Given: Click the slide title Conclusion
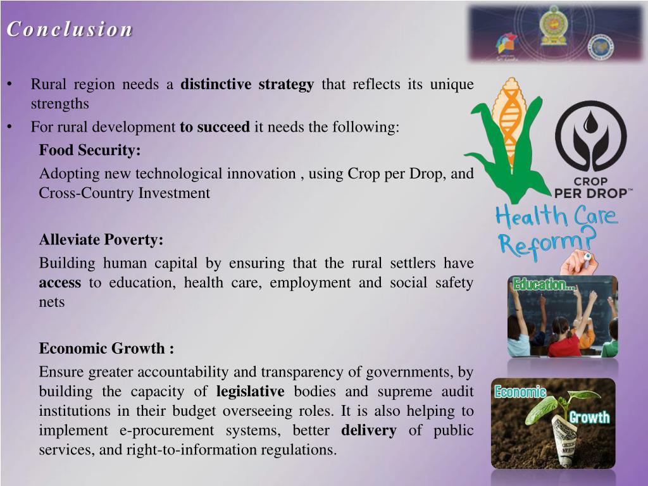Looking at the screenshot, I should pyautogui.click(x=70, y=30).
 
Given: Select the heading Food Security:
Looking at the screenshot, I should pyautogui.click(x=90, y=150).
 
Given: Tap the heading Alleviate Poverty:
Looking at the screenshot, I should pyautogui.click(x=101, y=240).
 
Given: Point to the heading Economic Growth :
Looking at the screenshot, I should pyautogui.click(x=106, y=349).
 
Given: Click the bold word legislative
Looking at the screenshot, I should pyautogui.click(x=251, y=391).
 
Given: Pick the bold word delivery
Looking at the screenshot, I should pyautogui.click(x=369, y=430).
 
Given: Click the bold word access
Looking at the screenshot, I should pyautogui.click(x=60, y=283).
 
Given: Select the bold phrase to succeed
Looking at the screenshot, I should pyautogui.click(x=215, y=127).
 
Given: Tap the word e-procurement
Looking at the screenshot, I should pyautogui.click(x=165, y=430).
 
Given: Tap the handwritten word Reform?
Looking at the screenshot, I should pyautogui.click(x=548, y=242).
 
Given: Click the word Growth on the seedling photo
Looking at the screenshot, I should pyautogui.click(x=589, y=417).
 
